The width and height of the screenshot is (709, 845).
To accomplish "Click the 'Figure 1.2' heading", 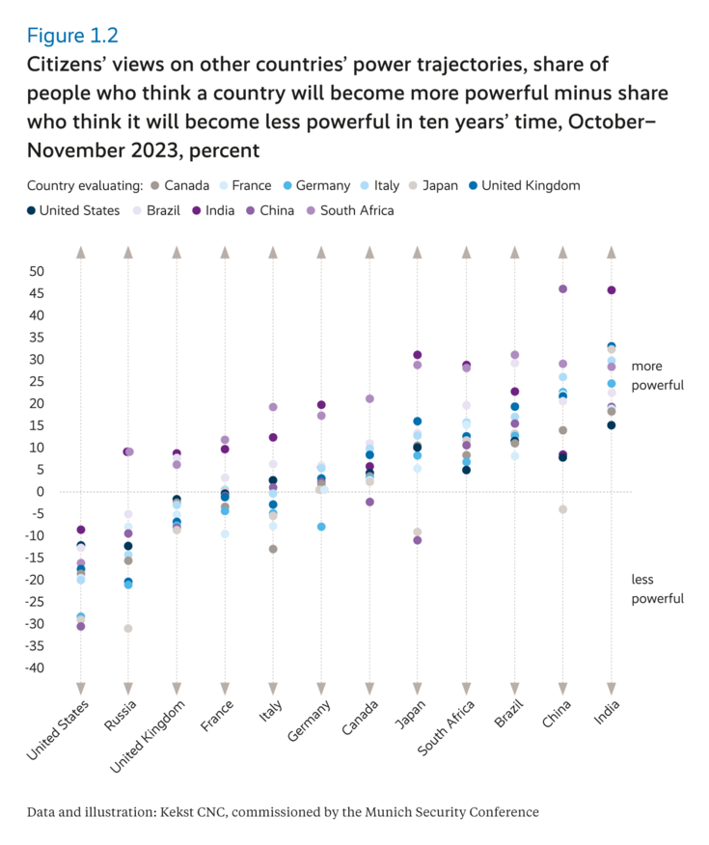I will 72,36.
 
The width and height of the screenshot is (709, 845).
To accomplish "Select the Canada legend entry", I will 186,185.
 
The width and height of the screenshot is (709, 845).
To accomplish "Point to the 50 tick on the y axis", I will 36,271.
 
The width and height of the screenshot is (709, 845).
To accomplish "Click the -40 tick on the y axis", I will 33,668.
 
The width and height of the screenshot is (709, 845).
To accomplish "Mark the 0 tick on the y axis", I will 41,492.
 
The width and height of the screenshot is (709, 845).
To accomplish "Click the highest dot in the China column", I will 562,289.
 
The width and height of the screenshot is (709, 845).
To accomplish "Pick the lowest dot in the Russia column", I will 128,629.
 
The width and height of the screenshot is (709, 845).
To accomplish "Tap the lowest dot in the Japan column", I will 418,540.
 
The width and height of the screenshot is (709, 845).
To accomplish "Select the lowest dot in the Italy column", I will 273,549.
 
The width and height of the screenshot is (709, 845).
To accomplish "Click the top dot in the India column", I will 611,290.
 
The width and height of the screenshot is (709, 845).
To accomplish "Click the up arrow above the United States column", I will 81,253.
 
